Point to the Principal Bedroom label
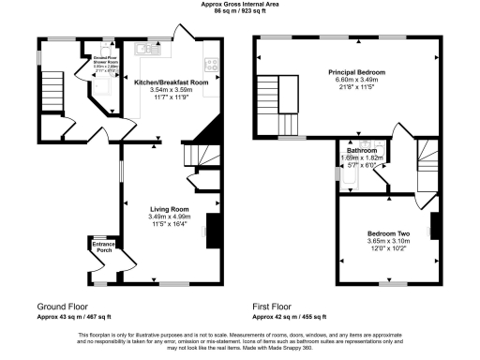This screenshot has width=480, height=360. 355,72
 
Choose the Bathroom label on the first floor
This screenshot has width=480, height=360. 361,150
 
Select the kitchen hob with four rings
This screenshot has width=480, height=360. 212,66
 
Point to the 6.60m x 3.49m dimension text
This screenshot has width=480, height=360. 355,80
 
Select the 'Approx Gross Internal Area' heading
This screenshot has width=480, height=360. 240,4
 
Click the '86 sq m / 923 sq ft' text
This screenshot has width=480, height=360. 240,10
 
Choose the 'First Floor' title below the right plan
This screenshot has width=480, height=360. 272,307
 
